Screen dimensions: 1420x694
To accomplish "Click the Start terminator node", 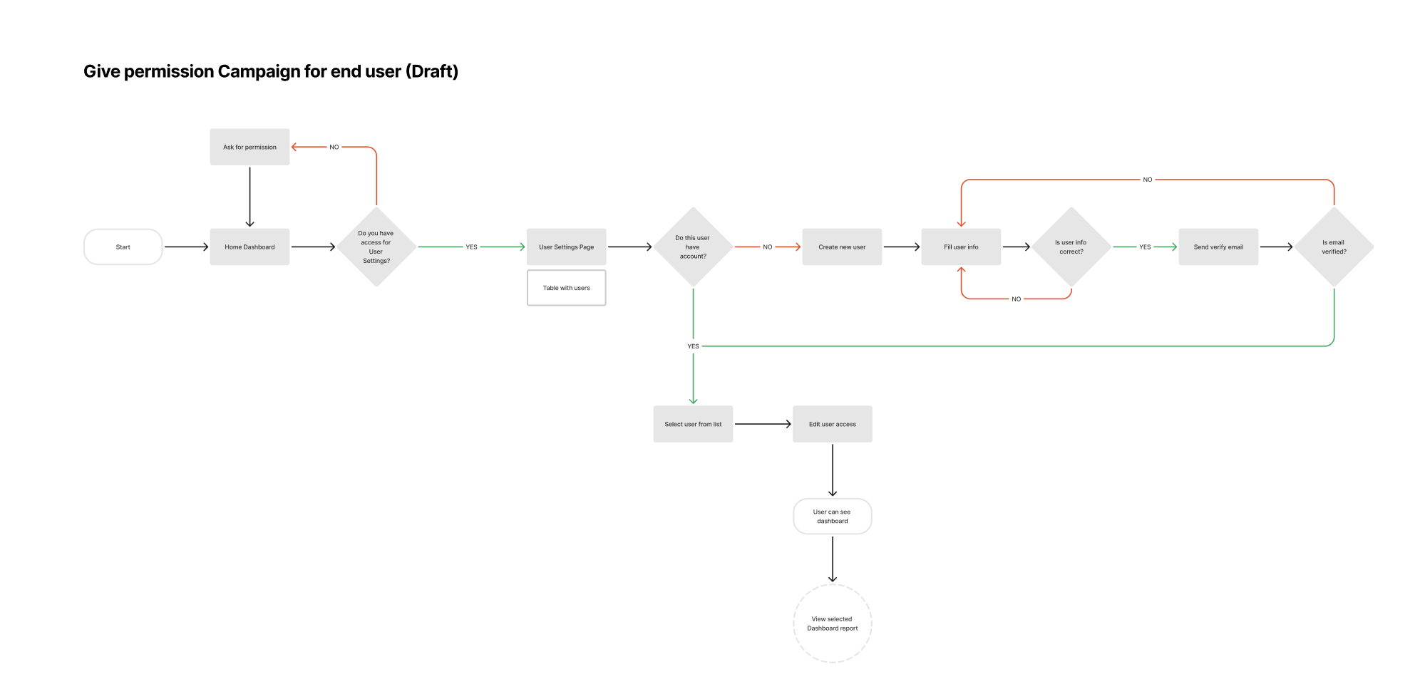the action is click(123, 247).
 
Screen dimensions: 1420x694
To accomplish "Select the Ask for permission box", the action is click(249, 147).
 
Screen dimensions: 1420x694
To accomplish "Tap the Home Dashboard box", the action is click(249, 247).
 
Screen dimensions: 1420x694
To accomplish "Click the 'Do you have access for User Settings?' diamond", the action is click(376, 247).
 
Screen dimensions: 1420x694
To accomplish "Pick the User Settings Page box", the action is click(567, 247).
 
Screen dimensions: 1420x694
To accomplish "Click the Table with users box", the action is click(567, 288).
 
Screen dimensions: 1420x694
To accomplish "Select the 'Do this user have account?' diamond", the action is click(693, 247).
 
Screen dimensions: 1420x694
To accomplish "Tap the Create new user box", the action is click(842, 247).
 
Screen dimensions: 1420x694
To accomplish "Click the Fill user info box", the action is click(961, 247).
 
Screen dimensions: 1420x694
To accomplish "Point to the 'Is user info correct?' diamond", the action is click(1071, 247).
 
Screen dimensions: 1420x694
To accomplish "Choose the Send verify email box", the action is click(1218, 247).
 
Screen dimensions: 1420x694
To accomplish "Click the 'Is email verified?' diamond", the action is click(1334, 247).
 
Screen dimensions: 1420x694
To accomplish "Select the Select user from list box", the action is click(693, 424).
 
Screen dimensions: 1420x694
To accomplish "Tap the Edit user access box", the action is click(833, 424).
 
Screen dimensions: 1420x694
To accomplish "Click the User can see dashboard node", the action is click(833, 517).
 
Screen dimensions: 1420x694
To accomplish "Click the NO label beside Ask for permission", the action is click(334, 147).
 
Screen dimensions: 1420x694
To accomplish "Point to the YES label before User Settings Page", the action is click(471, 247).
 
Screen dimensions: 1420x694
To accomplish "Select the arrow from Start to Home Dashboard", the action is click(187, 247).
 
